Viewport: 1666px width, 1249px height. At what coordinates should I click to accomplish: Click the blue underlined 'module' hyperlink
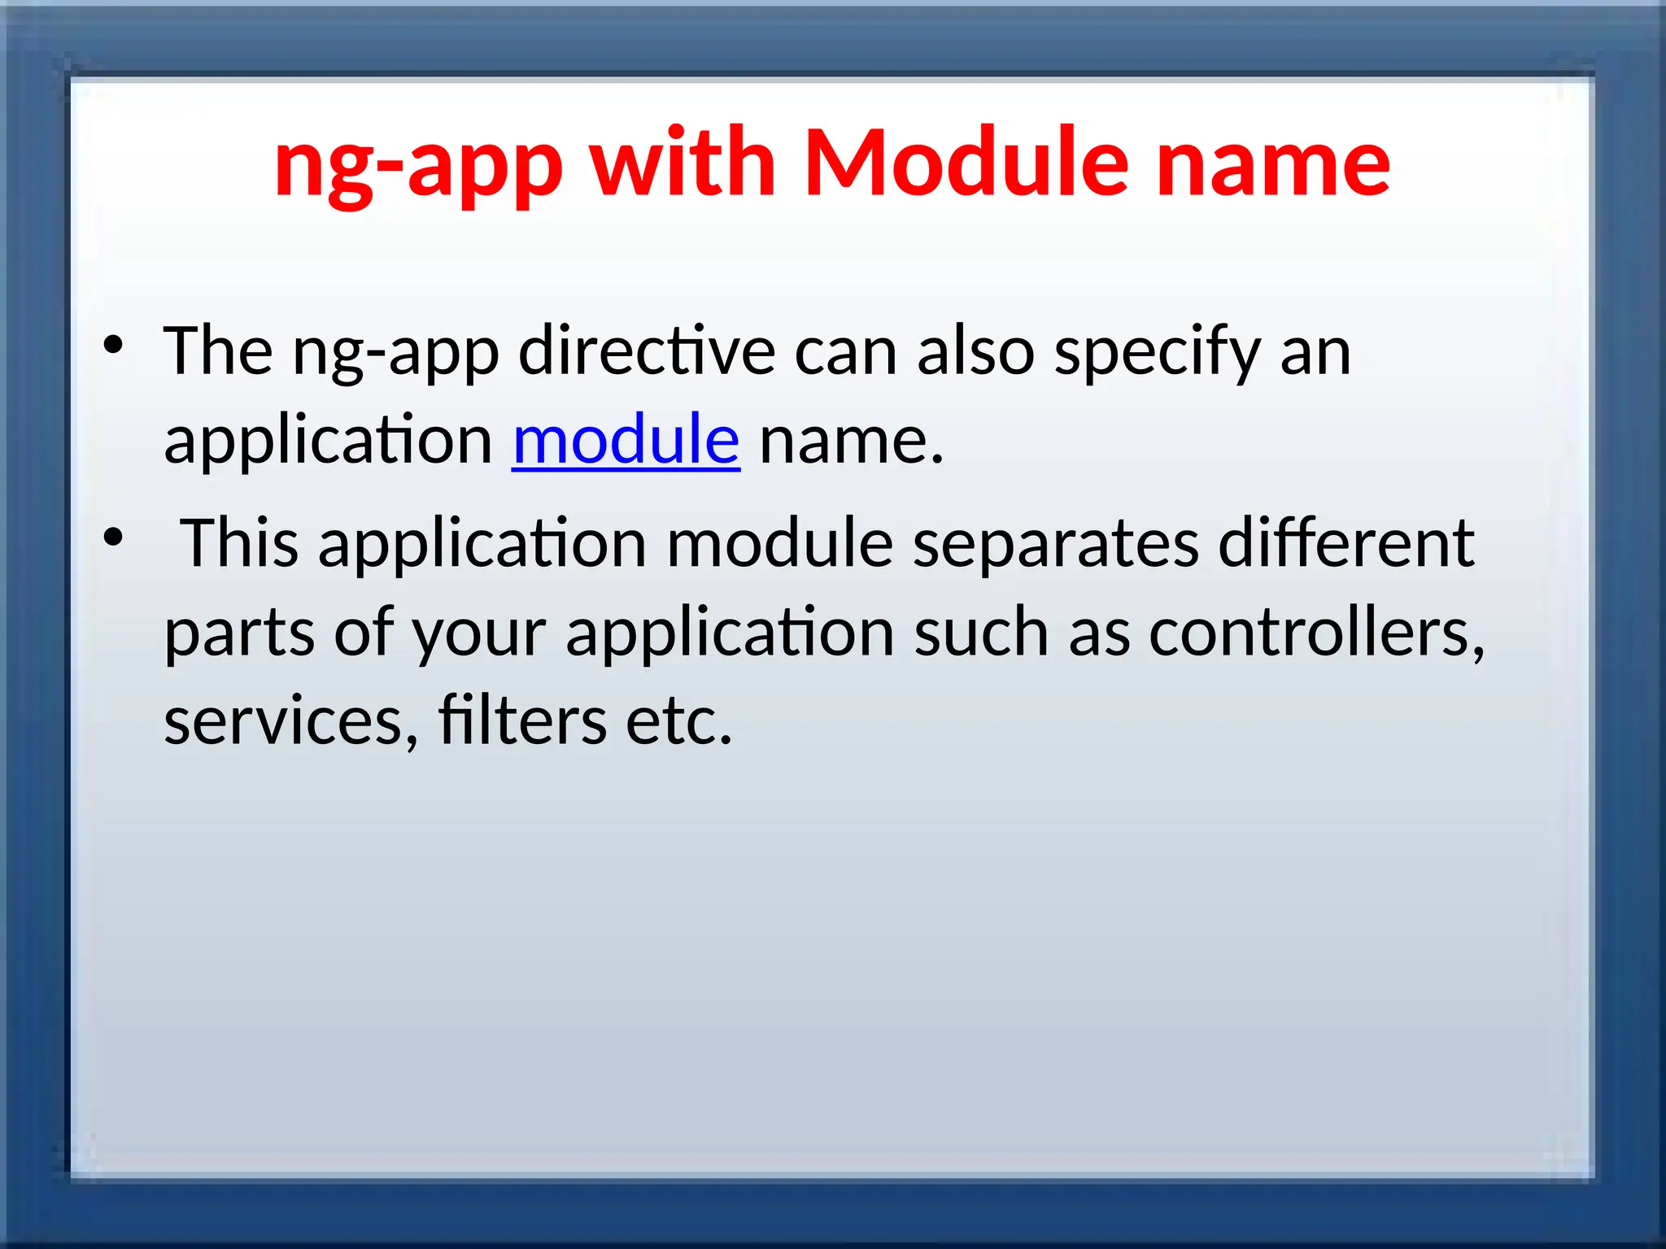pos(626,440)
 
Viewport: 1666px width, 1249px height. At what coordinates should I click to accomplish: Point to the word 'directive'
pos(647,350)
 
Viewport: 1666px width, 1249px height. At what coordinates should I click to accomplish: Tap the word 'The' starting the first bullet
pos(218,350)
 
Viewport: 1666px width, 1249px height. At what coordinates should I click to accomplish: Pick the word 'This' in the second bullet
pos(239,542)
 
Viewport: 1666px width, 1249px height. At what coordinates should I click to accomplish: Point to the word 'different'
pos(1345,542)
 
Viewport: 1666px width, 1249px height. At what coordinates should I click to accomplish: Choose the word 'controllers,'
pos(1316,633)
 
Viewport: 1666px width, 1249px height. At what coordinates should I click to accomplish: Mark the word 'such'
pos(981,633)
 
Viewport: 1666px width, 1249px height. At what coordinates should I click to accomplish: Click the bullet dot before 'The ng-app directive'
pos(113,345)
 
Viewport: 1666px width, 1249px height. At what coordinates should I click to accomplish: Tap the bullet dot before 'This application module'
pos(113,537)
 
